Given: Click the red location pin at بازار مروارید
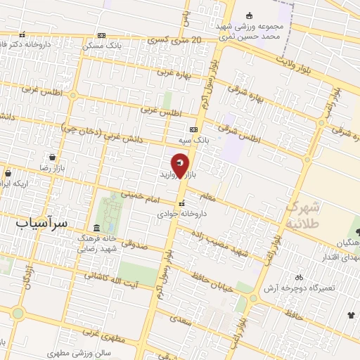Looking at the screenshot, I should [x=181, y=165].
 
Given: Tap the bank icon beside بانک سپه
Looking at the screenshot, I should [x=193, y=129].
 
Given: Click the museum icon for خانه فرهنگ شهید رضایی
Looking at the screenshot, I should [x=96, y=229].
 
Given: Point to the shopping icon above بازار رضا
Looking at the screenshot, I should [x=52, y=157].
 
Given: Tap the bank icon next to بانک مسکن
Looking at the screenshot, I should [x=102, y=35].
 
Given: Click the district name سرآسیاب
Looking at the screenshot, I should [x=41, y=222].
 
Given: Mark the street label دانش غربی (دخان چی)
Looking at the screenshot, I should [x=102, y=134].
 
